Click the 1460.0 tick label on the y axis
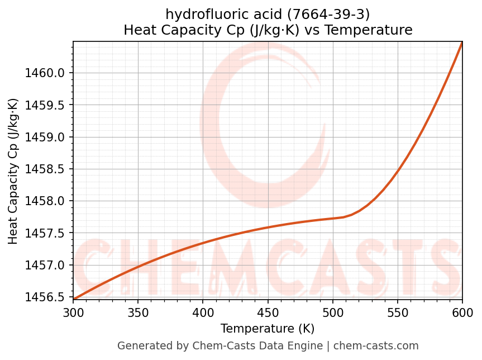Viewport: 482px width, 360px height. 46,73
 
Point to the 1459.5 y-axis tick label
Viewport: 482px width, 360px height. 46,105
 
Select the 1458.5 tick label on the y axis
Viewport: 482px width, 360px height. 46,169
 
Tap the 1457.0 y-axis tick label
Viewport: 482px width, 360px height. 46,265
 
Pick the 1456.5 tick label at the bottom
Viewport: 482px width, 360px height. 46,297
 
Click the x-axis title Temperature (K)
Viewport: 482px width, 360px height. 268,329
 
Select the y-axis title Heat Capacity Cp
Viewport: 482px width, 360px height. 13,170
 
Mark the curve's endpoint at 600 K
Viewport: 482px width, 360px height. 462,42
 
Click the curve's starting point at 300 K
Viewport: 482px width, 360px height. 73,299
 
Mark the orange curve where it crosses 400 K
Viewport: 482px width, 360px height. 203,242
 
